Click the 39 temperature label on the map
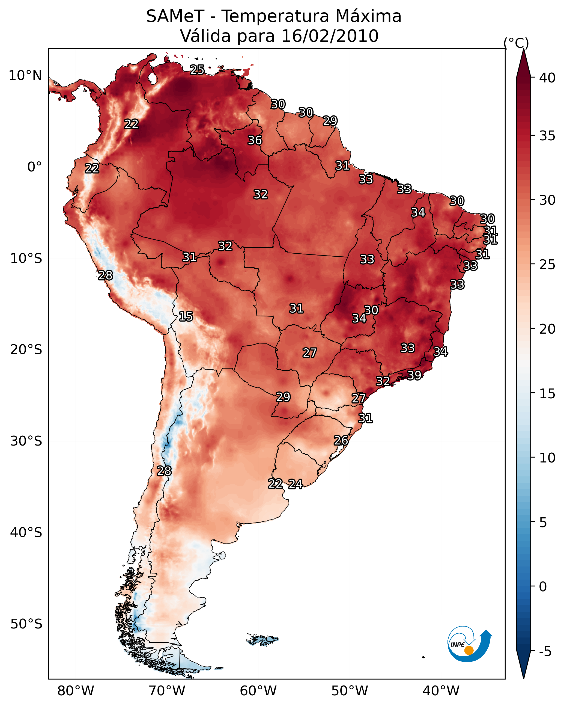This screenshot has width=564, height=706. click(x=414, y=375)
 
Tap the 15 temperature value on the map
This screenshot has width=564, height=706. click(x=186, y=316)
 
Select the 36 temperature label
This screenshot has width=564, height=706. click(x=255, y=140)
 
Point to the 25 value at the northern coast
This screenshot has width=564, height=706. click(x=197, y=69)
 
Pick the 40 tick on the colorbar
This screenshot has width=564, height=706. click(x=547, y=78)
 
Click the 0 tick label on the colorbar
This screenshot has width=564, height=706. click(x=543, y=587)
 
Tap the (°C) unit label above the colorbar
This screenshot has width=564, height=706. click(x=516, y=43)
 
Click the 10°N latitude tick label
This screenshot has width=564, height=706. click(x=25, y=76)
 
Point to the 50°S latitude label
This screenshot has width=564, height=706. click(x=26, y=624)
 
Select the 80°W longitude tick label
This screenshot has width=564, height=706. click(x=76, y=691)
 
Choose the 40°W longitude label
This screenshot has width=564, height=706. click(x=441, y=691)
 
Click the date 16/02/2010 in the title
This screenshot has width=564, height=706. click(x=330, y=36)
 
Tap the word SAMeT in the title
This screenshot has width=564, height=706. click(x=175, y=16)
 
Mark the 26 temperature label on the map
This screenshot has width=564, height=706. click(x=341, y=440)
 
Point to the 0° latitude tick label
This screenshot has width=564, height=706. click(x=34, y=167)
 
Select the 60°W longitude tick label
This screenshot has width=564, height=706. click(x=258, y=691)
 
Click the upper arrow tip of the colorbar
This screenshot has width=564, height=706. click(x=523, y=49)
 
